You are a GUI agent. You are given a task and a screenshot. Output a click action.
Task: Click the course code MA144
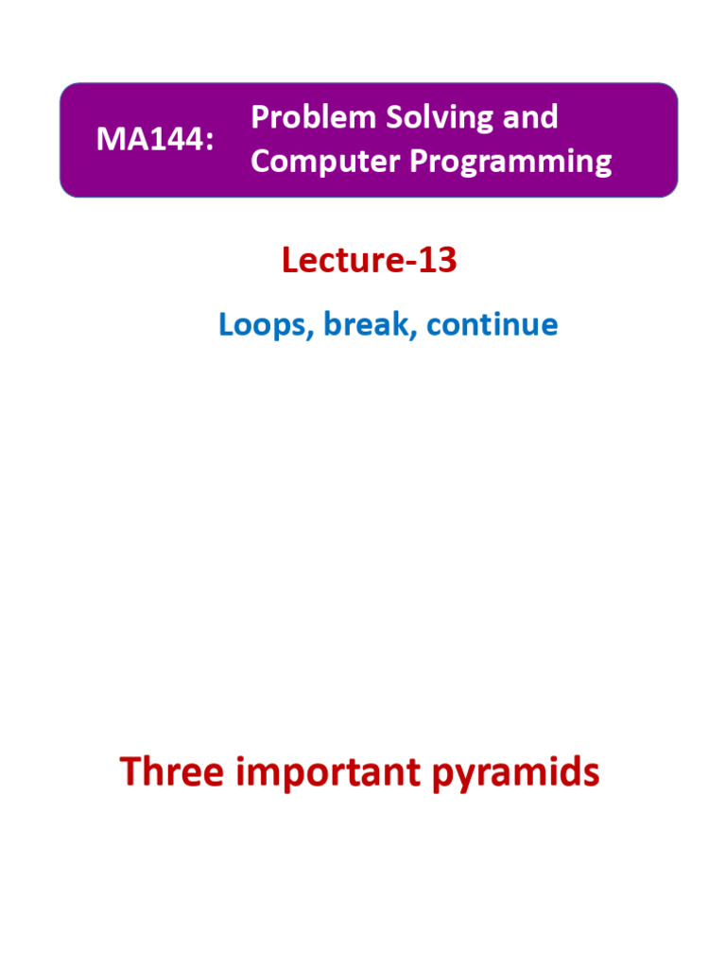150,140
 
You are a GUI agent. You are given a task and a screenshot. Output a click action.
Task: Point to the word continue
492,324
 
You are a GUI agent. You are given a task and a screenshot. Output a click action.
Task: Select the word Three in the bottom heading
171,772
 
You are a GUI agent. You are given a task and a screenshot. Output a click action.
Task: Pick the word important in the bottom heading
327,773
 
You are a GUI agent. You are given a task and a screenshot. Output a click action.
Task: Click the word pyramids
515,773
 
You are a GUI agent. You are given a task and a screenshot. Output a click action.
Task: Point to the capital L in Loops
226,324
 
